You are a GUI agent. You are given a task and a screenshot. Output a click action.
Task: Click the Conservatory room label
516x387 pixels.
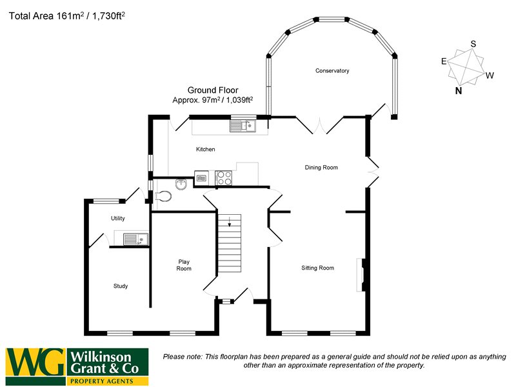332,70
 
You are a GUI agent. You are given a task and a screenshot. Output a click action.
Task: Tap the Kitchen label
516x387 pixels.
206,150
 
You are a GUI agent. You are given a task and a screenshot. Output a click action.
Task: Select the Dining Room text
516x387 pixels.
321,168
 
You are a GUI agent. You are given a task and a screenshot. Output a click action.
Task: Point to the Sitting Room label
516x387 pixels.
317,268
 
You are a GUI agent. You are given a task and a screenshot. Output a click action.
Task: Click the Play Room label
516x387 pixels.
184,265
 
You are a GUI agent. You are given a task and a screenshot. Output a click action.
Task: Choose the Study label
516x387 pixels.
121,286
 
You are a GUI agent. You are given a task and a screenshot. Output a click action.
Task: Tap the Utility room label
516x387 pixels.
117,219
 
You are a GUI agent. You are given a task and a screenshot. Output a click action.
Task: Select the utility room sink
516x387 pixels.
135,239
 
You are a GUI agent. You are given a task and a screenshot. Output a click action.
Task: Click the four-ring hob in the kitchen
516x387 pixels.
223,177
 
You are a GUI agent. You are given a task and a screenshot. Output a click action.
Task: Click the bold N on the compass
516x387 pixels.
459,91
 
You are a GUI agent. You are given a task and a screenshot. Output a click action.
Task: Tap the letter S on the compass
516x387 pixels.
473,44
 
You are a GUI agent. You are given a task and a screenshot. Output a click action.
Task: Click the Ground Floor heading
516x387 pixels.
213,90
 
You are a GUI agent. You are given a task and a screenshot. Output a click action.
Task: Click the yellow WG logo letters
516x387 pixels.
36,365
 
